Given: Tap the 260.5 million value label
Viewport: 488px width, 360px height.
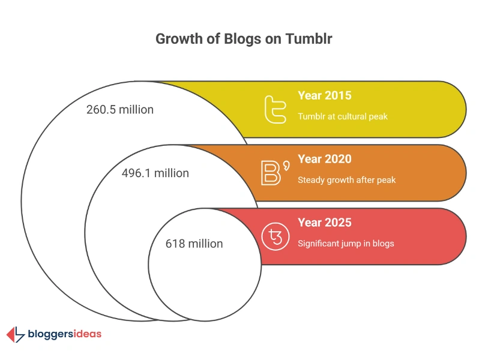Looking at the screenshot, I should (x=120, y=110).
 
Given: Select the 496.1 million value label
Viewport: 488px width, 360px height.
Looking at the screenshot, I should (x=155, y=173).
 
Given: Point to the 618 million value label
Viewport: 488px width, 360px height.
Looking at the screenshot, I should (x=194, y=244).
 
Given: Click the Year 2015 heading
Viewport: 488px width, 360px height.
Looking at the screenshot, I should (x=324, y=95).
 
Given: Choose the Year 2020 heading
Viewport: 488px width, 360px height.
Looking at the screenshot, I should (x=324, y=159).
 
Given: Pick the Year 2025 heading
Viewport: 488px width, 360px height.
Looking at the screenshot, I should (x=324, y=223).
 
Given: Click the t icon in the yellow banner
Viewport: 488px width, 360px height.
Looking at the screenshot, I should (x=276, y=109).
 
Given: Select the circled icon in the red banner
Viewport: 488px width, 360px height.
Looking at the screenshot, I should (x=276, y=236).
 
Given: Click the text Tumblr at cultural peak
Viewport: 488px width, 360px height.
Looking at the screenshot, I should (x=343, y=116).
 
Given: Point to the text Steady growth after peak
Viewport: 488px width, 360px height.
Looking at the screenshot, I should (x=346, y=180).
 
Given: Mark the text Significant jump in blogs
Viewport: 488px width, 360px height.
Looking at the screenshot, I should (x=346, y=244).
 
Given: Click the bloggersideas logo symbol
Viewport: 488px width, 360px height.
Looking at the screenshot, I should (x=15, y=334).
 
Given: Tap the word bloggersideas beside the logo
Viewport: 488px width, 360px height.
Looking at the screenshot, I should (x=64, y=334).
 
